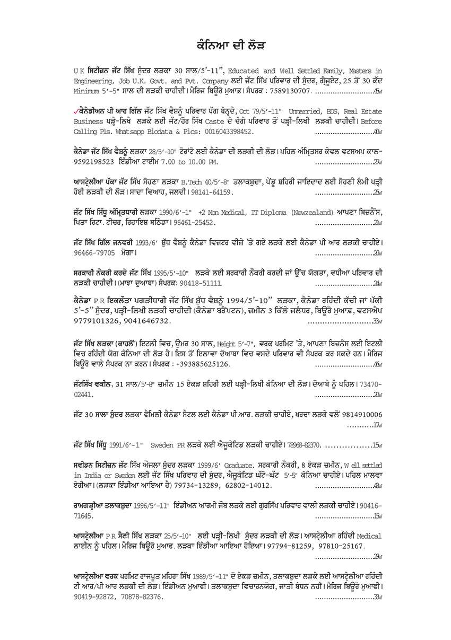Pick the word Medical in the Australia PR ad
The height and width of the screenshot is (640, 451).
click(370, 536)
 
